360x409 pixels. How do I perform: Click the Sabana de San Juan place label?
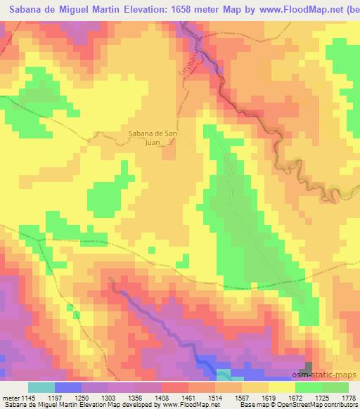click(155, 137)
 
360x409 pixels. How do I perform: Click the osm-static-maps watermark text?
click(329, 375)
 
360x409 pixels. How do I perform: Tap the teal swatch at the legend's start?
click(41, 387)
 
